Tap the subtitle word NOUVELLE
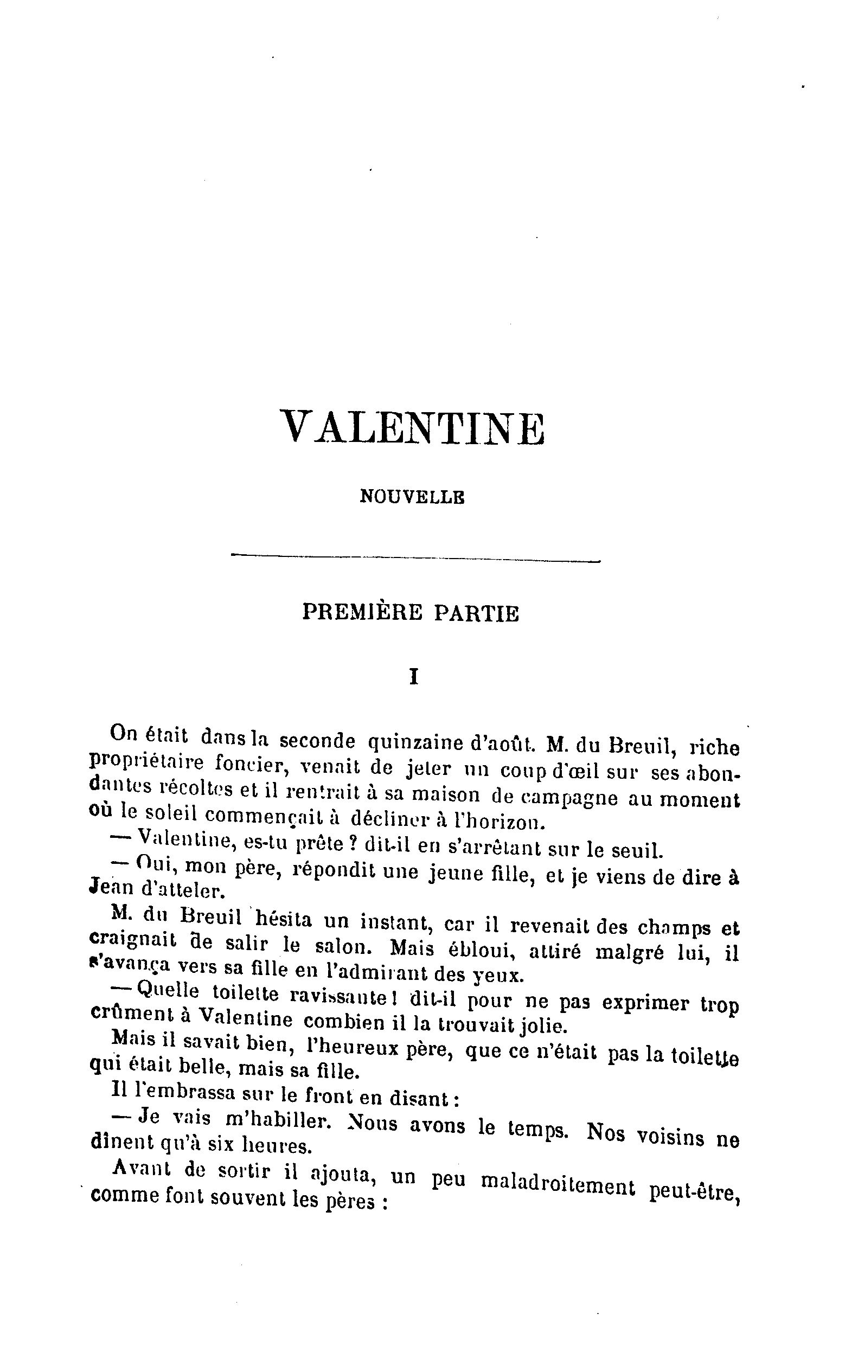coord(413,497)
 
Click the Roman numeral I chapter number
coord(414,677)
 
